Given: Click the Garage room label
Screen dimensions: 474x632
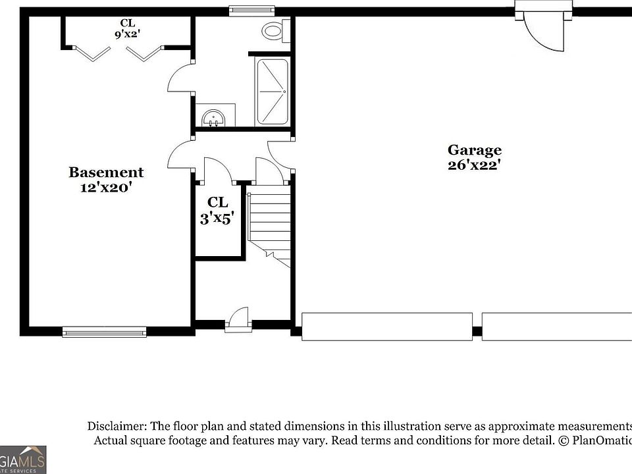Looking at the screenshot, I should pyautogui.click(x=475, y=150).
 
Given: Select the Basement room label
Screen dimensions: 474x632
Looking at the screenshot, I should pyautogui.click(x=106, y=172).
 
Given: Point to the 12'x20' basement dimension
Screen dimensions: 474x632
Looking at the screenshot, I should pyautogui.click(x=106, y=188).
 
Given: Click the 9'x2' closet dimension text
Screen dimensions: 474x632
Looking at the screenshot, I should pyautogui.click(x=127, y=35).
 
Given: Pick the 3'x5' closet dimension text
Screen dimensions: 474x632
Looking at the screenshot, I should pyautogui.click(x=217, y=218).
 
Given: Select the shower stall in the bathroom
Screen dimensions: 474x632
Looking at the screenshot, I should pyautogui.click(x=272, y=91).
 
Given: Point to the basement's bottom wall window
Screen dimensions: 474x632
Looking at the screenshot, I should pyautogui.click(x=105, y=332).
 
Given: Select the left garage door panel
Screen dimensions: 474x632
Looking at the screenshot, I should pyautogui.click(x=386, y=327).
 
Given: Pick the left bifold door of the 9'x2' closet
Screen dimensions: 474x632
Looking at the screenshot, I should pyautogui.click(x=92, y=53).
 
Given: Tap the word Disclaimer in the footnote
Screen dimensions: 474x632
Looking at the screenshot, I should pyautogui.click(x=117, y=426).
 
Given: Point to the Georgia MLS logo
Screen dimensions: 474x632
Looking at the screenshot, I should pyautogui.click(x=23, y=460).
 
